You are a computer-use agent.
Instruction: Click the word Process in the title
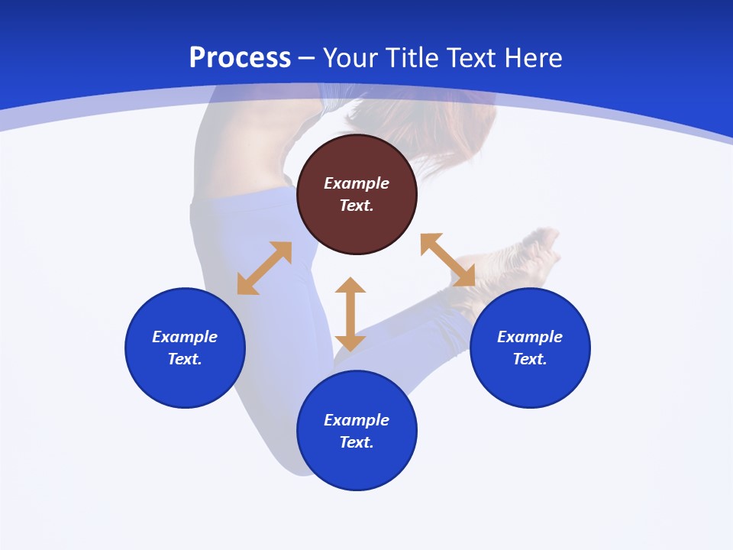240,58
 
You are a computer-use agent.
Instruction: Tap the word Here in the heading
532,58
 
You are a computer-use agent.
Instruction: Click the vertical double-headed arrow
350,314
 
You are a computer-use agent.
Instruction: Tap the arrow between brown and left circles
264,268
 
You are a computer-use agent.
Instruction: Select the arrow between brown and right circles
448,260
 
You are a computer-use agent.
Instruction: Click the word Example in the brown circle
357,183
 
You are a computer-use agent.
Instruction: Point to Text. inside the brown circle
357,205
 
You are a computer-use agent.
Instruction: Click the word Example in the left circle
185,337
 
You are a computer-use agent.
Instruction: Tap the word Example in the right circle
530,337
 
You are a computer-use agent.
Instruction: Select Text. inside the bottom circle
357,442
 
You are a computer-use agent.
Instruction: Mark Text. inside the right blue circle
530,359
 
